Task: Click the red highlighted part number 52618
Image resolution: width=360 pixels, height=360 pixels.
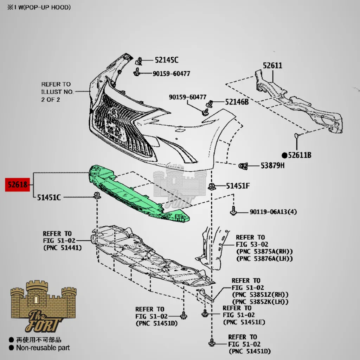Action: click(x=17, y=184)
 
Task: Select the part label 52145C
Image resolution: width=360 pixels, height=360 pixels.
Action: click(x=166, y=60)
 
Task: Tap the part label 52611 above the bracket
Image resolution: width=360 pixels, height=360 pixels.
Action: click(x=272, y=65)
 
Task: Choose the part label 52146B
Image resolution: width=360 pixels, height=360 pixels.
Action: click(x=237, y=102)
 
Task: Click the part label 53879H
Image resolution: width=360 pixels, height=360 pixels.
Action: click(x=272, y=165)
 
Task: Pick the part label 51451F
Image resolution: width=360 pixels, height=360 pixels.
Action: click(x=238, y=186)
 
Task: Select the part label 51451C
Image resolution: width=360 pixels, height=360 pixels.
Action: click(x=49, y=198)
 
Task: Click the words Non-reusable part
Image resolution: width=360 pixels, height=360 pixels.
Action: click(x=43, y=348)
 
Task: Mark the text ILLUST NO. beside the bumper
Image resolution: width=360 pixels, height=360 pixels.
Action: click(x=57, y=92)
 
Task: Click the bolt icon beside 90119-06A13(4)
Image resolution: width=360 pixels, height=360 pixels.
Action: click(x=233, y=211)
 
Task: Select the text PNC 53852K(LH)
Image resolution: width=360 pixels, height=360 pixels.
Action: click(x=260, y=302)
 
